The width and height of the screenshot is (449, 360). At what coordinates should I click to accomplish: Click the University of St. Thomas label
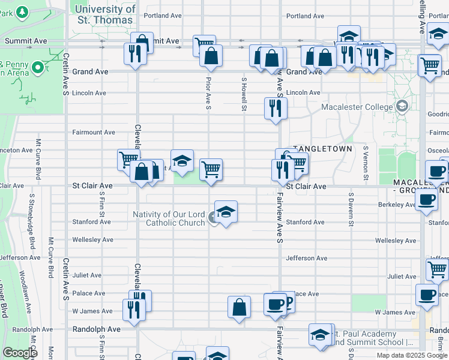(x=105, y=14)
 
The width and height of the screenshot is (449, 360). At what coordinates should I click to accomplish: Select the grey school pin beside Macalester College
(x=402, y=108)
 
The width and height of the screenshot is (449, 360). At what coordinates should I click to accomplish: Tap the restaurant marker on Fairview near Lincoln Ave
(x=276, y=109)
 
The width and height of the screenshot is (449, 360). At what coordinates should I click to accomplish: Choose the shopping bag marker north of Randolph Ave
(x=239, y=307)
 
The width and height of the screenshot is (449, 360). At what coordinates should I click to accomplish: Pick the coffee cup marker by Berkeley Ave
(x=427, y=200)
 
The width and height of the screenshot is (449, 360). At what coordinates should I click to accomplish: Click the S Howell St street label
(x=244, y=94)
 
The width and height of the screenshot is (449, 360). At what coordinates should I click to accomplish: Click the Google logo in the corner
(x=20, y=352)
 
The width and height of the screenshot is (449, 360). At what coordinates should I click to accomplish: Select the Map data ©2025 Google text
(x=412, y=355)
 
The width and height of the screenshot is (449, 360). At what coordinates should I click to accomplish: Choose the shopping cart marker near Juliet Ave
(x=438, y=269)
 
